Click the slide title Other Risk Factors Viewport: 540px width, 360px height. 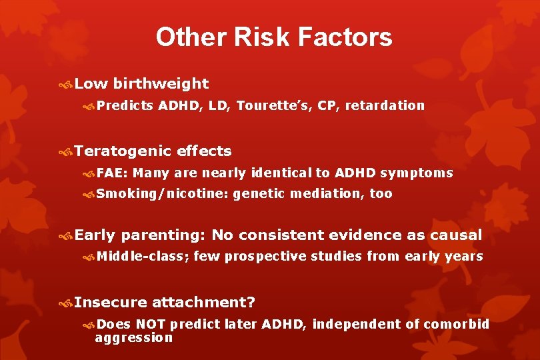(x=274, y=37)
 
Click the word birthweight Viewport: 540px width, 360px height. (x=161, y=84)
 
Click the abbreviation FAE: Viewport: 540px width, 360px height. (x=112, y=173)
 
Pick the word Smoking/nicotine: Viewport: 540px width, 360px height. (x=162, y=194)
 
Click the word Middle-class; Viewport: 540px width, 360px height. (x=142, y=256)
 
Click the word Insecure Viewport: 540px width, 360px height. (x=111, y=303)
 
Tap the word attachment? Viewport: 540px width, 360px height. (x=203, y=303)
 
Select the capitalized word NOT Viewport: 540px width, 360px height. (x=151, y=325)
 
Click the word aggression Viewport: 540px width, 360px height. (x=133, y=337)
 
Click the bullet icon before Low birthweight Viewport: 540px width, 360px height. (x=65, y=84)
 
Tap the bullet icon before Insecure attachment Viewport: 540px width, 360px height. (x=65, y=303)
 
